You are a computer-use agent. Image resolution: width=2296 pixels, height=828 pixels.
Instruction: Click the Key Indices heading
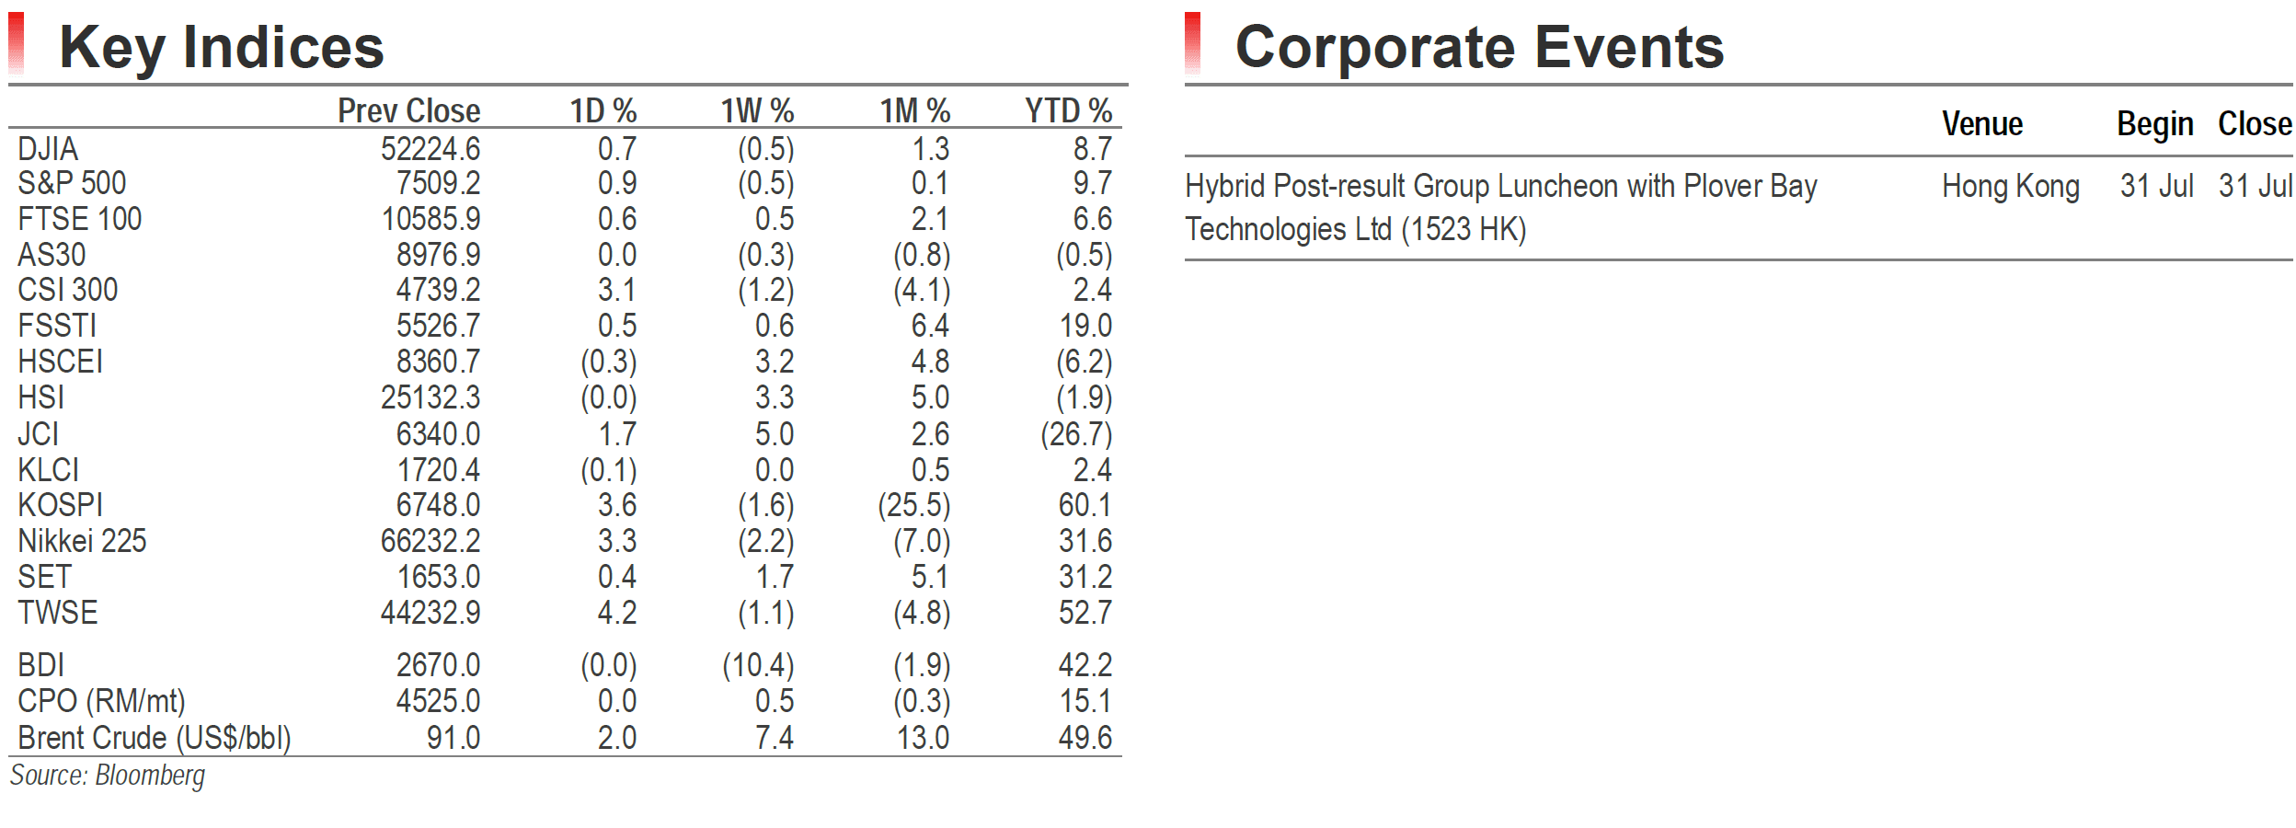pos(222,48)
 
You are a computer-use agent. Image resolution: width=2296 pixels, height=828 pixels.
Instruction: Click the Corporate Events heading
pos(1479,47)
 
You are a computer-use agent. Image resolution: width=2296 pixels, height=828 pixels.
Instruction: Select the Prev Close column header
pos(409,111)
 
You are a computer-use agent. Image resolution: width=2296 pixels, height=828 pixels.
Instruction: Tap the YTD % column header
pos(1069,111)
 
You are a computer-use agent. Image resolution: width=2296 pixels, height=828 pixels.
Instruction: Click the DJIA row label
pos(48,149)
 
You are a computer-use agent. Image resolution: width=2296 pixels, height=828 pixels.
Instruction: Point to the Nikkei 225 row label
pos(82,541)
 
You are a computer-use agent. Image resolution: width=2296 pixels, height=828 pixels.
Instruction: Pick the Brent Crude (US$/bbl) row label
pos(155,738)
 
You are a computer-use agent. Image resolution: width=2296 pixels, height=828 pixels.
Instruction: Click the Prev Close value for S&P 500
pos(438,183)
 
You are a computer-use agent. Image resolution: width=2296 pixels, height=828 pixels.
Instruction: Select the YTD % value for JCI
pos(1076,434)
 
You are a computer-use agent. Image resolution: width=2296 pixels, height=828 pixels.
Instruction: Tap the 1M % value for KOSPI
pos(914,505)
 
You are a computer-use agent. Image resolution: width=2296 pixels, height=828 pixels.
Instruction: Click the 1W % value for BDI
pos(758,665)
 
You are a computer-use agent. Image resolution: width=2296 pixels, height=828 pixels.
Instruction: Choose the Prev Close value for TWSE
pos(430,613)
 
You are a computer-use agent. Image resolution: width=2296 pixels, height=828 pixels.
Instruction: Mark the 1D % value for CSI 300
pos(617,291)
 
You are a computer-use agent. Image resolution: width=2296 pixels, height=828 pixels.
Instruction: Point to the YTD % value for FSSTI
pos(1085,326)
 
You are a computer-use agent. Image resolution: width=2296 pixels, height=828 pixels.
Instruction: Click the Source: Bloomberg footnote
pos(108,776)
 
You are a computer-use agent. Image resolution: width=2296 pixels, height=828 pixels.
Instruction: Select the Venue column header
pos(1982,124)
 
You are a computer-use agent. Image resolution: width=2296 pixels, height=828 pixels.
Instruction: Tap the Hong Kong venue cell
pos(2011,187)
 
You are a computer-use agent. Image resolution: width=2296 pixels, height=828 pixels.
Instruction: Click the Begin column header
pos(2155,124)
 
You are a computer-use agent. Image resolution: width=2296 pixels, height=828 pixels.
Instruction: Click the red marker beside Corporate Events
pos(1193,43)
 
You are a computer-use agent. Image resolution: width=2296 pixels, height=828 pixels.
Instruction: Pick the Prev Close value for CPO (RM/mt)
pos(438,701)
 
